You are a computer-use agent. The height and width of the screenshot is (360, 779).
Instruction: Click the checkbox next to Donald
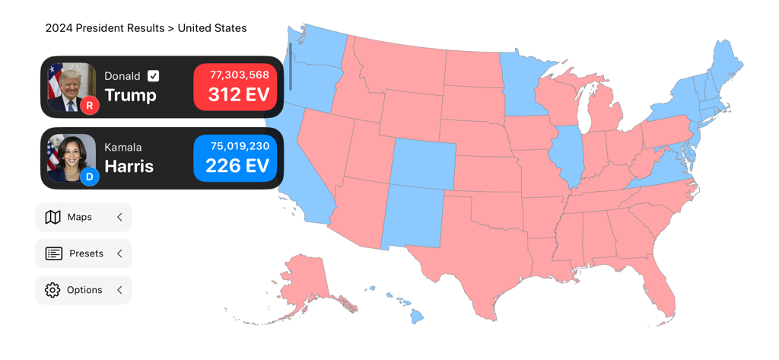click(x=154, y=76)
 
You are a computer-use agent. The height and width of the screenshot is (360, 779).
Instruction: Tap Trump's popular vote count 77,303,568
click(x=239, y=75)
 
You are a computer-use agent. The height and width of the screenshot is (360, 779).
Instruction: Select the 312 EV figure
click(x=239, y=95)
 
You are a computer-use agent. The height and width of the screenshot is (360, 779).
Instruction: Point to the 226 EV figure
click(x=237, y=166)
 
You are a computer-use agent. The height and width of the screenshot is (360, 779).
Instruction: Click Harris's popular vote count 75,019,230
click(x=239, y=146)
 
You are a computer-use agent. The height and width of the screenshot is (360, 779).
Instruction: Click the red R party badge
click(x=90, y=106)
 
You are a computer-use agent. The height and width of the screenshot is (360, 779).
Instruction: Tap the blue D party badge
click(x=90, y=177)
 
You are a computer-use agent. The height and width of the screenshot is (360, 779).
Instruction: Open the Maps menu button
click(x=83, y=218)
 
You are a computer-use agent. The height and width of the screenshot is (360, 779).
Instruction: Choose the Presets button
click(x=83, y=253)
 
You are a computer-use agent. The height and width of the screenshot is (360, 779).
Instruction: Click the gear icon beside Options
click(x=52, y=290)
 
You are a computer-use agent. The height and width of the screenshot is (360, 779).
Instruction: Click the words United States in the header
click(x=212, y=28)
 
